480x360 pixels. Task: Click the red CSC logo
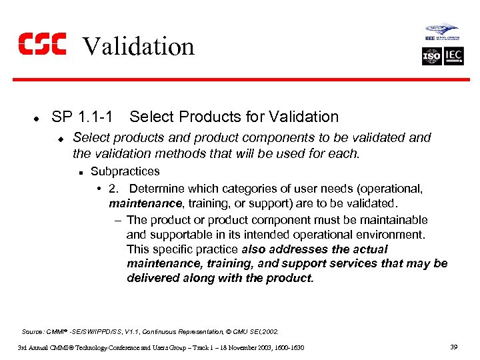click(x=41, y=44)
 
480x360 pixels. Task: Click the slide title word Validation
click(x=138, y=46)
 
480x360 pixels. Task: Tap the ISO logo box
click(x=432, y=56)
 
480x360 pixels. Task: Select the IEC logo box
click(x=453, y=56)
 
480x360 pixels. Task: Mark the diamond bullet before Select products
click(x=59, y=139)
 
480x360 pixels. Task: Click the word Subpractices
click(x=125, y=171)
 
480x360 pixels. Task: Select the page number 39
click(x=455, y=347)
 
